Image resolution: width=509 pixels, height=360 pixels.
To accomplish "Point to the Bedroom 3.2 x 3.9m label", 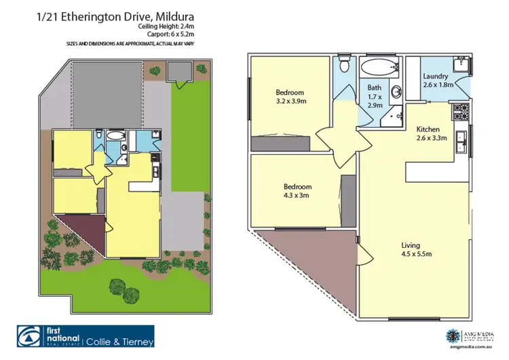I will (x=290, y=97).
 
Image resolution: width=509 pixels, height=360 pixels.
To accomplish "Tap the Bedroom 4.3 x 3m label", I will (x=297, y=191).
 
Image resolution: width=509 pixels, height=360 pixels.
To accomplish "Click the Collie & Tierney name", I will (x=120, y=342).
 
